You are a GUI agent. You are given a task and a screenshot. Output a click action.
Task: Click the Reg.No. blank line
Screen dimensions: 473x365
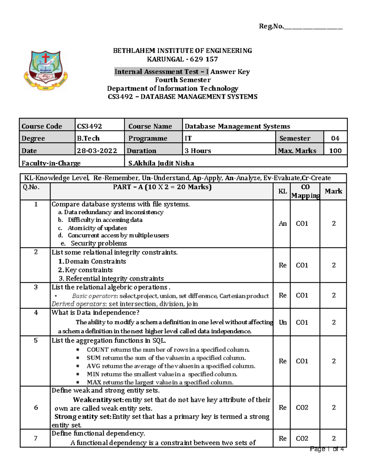(313, 28)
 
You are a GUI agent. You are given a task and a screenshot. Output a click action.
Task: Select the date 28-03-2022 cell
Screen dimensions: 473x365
(97, 151)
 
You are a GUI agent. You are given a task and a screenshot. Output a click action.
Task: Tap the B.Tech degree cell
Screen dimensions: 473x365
(88, 138)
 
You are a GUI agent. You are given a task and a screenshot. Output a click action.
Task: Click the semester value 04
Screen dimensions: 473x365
(335, 138)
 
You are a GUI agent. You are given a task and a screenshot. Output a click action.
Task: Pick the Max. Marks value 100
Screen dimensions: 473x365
(335, 151)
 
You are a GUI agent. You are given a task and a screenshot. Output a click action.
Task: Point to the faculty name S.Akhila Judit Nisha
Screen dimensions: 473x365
(161, 163)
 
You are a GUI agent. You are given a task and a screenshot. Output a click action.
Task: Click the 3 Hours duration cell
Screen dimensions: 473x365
(198, 151)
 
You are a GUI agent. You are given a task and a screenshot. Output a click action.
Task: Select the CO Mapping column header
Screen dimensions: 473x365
(305, 191)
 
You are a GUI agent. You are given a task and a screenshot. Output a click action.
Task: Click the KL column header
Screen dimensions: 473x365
(282, 191)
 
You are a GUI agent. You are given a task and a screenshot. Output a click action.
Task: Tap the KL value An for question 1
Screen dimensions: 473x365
(282, 224)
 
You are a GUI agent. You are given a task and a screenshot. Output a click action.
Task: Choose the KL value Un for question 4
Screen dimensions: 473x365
(282, 322)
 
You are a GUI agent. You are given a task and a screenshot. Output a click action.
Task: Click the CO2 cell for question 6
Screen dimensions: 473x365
(302, 408)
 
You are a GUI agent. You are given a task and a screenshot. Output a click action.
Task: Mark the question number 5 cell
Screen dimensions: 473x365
(36, 341)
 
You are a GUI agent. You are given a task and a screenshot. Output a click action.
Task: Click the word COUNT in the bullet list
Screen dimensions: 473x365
(97, 350)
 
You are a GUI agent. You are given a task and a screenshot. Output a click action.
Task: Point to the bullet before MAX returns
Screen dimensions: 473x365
(78, 382)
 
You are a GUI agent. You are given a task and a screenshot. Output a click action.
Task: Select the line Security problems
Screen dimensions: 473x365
(99, 243)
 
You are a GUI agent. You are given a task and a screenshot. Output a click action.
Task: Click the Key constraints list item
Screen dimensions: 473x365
(89, 270)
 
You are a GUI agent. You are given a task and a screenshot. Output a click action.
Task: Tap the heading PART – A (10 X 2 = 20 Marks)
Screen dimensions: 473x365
(162, 187)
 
